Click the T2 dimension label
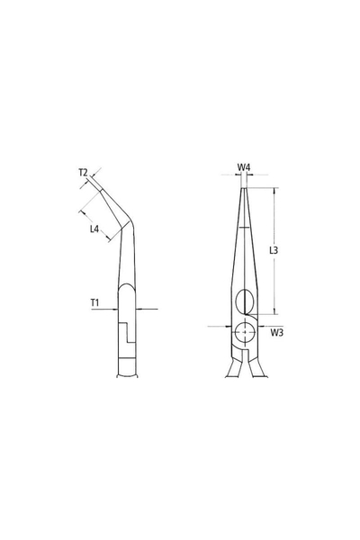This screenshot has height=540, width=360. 84,173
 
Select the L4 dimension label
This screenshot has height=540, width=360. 94,229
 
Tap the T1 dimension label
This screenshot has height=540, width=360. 94,302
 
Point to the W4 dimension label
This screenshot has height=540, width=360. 244,167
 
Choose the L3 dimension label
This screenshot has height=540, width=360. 274,250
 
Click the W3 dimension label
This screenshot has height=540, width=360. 276,333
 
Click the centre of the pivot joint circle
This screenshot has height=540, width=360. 244,332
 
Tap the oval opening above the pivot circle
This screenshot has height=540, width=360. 245,301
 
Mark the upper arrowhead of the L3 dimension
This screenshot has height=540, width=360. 274,191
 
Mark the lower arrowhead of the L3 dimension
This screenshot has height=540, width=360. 274,311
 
